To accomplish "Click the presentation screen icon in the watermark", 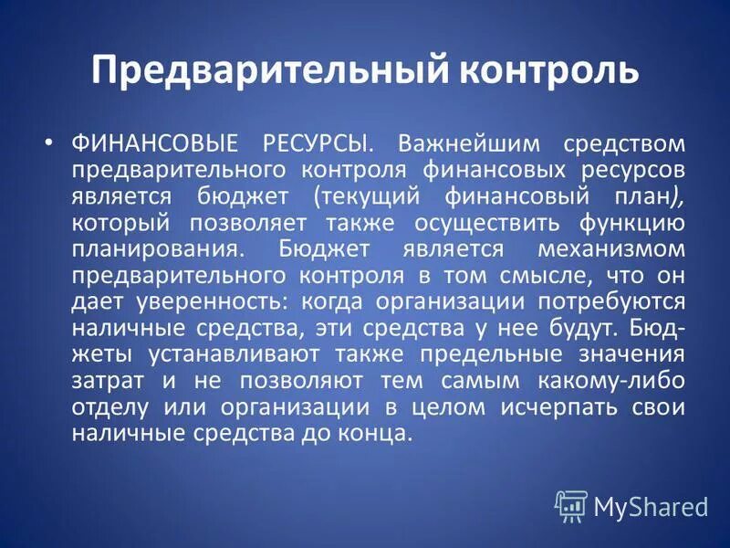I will tap(571, 505).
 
